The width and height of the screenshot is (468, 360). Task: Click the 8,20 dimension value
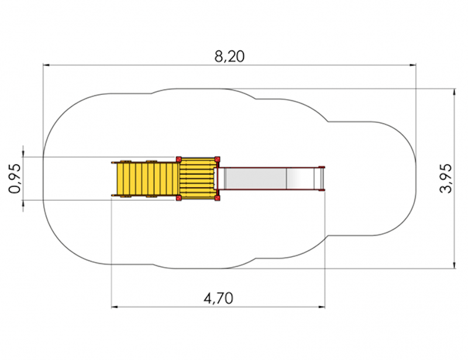(229, 56)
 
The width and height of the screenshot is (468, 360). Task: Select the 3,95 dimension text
(446, 179)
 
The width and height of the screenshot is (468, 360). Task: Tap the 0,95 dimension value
(15, 179)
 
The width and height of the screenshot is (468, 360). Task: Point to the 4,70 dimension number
(218, 298)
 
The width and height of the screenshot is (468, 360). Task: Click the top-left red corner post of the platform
(179, 159)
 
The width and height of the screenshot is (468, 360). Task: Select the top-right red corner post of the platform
(217, 159)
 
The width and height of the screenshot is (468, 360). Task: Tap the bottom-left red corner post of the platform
(179, 198)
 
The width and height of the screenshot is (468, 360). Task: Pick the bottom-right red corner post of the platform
(217, 198)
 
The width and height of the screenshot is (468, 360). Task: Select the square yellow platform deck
(198, 179)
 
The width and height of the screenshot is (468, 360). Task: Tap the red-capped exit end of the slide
(321, 179)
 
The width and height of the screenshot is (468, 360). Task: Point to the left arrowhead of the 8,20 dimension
(46, 64)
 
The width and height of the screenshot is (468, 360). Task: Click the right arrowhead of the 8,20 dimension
(413, 64)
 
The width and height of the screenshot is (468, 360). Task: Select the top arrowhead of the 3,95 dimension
(455, 92)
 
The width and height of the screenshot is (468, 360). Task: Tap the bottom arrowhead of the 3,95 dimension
(455, 266)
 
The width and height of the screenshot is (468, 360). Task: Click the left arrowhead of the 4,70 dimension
(114, 307)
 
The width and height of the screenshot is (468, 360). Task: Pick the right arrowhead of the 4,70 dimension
(322, 307)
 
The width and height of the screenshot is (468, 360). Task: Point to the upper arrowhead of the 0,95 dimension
(23, 153)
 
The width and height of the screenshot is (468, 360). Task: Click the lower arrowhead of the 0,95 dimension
(23, 203)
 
